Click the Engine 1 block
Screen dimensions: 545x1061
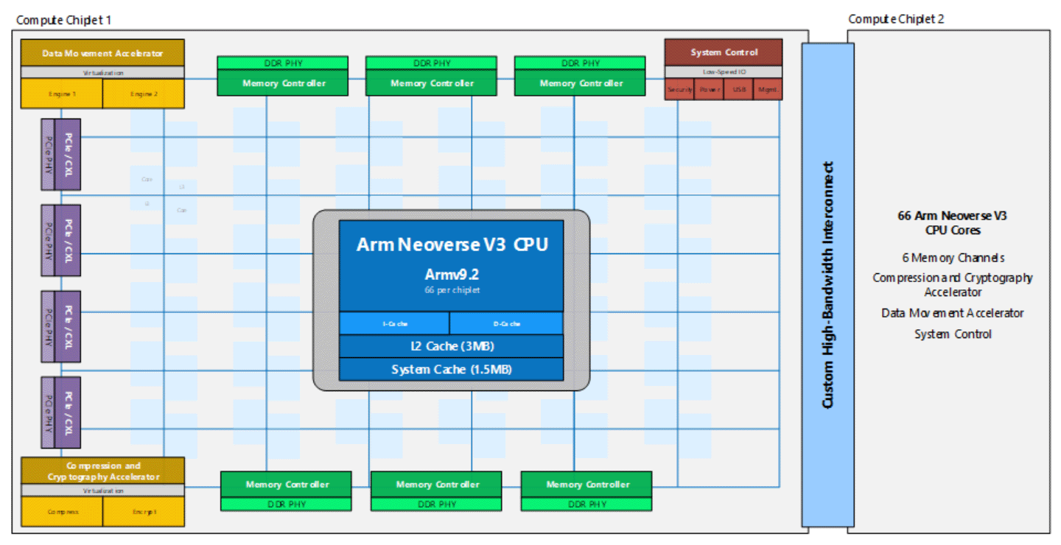click(61, 94)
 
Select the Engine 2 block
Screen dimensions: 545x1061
click(143, 94)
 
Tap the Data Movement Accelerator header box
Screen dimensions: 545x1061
click(102, 53)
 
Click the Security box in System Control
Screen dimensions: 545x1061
click(679, 90)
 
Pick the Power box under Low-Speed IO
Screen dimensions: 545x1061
click(710, 90)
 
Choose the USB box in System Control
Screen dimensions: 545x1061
click(738, 90)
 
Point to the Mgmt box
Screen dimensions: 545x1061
click(768, 90)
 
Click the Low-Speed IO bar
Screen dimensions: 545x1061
click(724, 73)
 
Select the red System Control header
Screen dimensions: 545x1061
click(724, 52)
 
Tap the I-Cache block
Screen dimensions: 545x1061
click(394, 323)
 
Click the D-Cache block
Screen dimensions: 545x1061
click(506, 323)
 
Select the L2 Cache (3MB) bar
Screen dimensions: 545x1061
click(451, 346)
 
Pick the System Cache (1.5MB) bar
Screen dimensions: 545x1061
click(451, 369)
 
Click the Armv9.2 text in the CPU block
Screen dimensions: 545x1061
click(451, 275)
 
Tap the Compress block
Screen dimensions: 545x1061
click(62, 511)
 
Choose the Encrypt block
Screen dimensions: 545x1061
click(144, 511)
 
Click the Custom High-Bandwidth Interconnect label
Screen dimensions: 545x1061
click(827, 285)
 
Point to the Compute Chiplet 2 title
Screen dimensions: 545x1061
click(896, 19)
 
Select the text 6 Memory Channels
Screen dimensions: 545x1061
click(953, 258)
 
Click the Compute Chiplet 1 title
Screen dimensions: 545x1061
click(64, 19)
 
